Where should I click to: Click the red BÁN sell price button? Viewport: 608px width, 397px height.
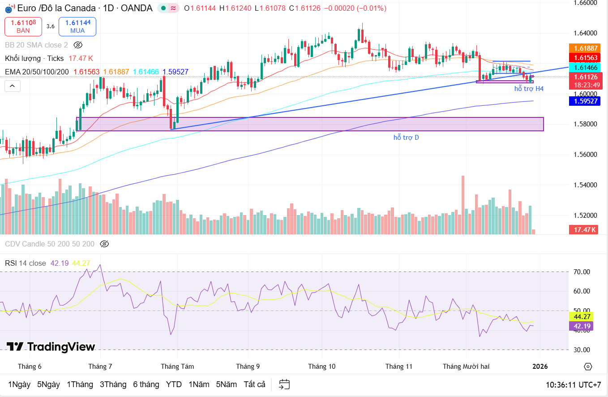pyautogui.click(x=23, y=26)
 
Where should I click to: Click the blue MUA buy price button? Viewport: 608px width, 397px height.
pyautogui.click(x=77, y=26)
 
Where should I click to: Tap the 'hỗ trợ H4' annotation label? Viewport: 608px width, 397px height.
pyautogui.click(x=529, y=89)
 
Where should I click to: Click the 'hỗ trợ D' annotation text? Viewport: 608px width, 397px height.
pyautogui.click(x=406, y=137)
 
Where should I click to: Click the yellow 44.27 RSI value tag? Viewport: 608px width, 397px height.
pyautogui.click(x=580, y=316)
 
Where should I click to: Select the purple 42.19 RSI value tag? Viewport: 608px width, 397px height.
pyautogui.click(x=580, y=326)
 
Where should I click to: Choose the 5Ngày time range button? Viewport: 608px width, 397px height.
pyautogui.click(x=48, y=384)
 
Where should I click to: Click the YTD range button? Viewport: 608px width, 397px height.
pyautogui.click(x=174, y=384)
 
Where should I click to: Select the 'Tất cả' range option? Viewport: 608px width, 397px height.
pyautogui.click(x=254, y=384)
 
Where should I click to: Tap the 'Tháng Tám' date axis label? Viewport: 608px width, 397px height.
pyautogui.click(x=177, y=367)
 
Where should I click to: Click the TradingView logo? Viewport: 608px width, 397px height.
pyautogui.click(x=51, y=347)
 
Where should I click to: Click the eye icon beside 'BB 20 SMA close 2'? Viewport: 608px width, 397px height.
pyautogui.click(x=78, y=45)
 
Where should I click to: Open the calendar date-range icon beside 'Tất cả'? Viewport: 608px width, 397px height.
pyautogui.click(x=284, y=384)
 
